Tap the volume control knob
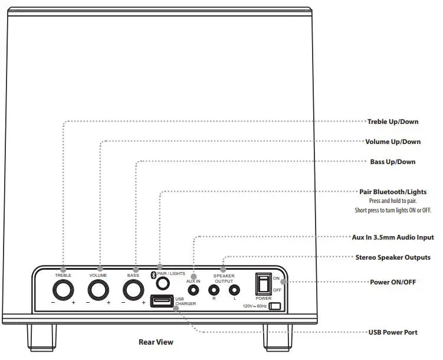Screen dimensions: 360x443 [x=99, y=290]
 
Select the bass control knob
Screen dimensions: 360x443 [x=134, y=290]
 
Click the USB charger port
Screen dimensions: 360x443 [x=161, y=302]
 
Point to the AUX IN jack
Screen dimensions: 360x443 [x=193, y=290]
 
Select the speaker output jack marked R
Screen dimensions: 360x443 [x=214, y=290]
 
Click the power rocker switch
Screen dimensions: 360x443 [x=263, y=284]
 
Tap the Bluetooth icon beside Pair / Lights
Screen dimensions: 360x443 [x=153, y=274]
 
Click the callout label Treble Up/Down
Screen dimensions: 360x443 [x=393, y=122]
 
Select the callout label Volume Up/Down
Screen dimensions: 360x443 [x=393, y=142]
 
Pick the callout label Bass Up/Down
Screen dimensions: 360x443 [x=393, y=162]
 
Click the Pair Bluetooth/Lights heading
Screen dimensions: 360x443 [x=393, y=192]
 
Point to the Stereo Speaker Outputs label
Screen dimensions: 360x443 [x=393, y=257]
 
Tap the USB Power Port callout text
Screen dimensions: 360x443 [x=393, y=332]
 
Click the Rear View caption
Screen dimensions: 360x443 [x=156, y=342]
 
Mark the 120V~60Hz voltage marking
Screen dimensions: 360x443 [x=255, y=307]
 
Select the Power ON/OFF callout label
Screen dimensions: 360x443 [x=393, y=282]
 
